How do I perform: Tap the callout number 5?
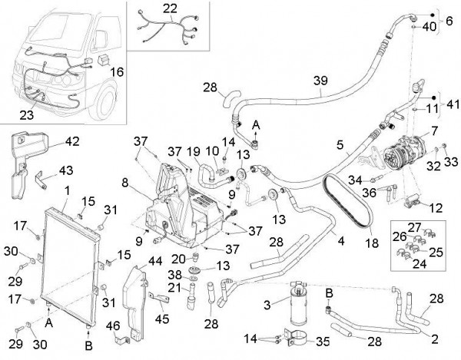tap(339, 143)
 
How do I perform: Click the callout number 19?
tap(193, 151)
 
